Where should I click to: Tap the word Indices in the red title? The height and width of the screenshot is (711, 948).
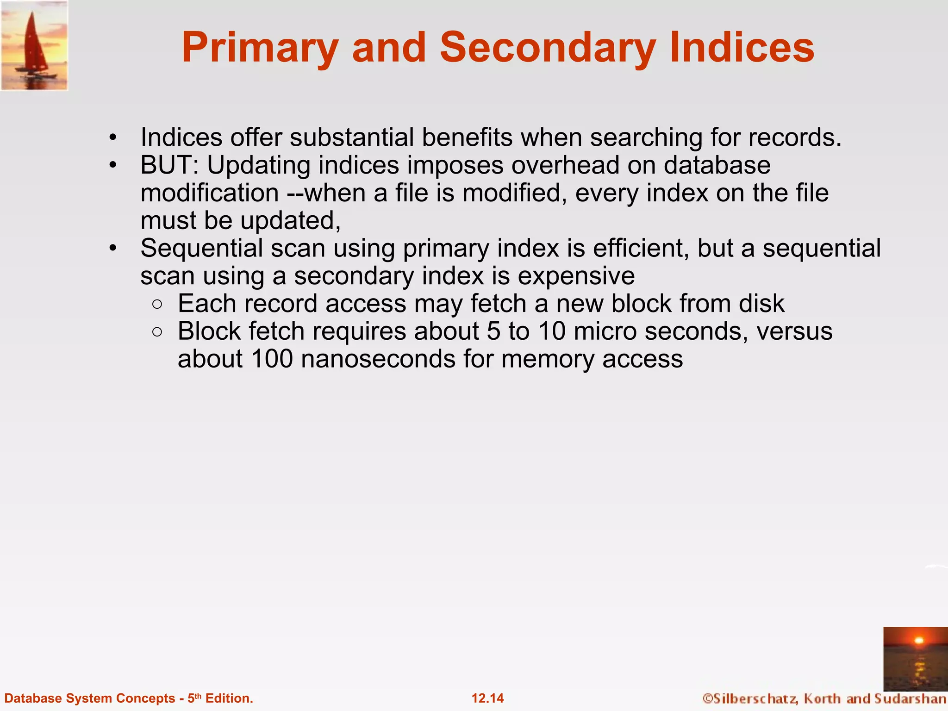coord(742,47)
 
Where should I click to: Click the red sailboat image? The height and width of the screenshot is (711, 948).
coord(34,45)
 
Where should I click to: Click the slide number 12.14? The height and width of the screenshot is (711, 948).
coord(487,698)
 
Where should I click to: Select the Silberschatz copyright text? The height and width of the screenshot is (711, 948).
coord(824,699)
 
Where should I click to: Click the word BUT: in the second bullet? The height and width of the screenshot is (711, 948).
coord(169,165)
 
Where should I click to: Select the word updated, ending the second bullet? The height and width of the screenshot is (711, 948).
coord(290,221)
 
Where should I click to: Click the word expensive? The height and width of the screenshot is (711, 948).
coord(576,276)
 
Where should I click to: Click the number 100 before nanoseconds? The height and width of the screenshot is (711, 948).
coord(272,359)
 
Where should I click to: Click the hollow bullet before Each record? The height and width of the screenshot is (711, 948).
coord(157,304)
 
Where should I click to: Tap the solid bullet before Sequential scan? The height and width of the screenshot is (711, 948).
coord(113,249)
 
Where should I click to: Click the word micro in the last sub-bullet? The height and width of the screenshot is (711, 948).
coord(605,331)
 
